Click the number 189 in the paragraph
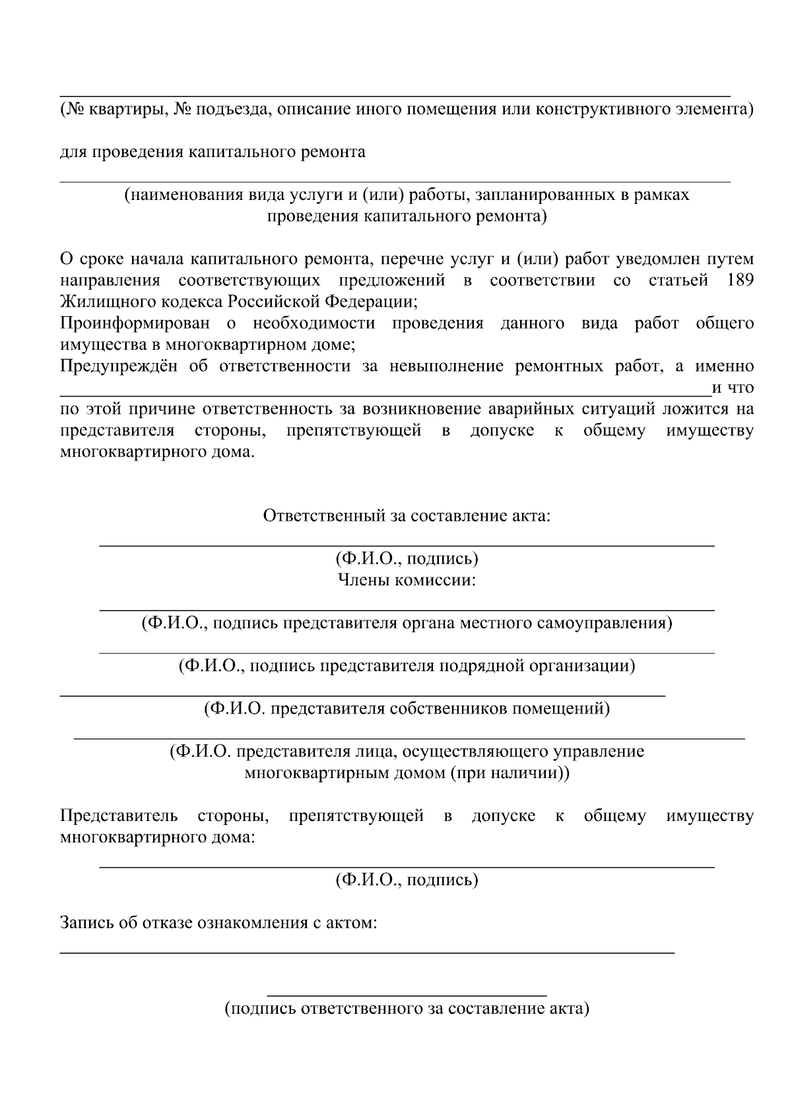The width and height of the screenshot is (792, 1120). pos(740,280)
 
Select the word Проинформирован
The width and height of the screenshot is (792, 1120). pos(135,323)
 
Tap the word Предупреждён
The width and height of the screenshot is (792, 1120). pos(119,366)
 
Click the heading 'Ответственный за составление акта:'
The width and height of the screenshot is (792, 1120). pos(407,515)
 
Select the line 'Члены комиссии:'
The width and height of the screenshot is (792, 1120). pos(407,580)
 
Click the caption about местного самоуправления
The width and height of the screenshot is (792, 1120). pos(407,623)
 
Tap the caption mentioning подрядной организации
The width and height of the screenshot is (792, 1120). pos(407,665)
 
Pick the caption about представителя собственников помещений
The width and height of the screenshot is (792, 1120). pos(407,709)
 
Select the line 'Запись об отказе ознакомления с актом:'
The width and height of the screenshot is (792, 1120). pos(218,923)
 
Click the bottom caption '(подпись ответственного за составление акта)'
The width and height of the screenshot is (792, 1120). pos(407,1008)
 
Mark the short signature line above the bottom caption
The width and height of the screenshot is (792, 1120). pos(407,995)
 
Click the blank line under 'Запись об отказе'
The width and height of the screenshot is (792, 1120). pos(367,952)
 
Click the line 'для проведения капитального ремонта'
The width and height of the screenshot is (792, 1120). pos(213,152)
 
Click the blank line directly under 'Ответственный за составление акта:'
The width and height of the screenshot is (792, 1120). pos(407,546)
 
